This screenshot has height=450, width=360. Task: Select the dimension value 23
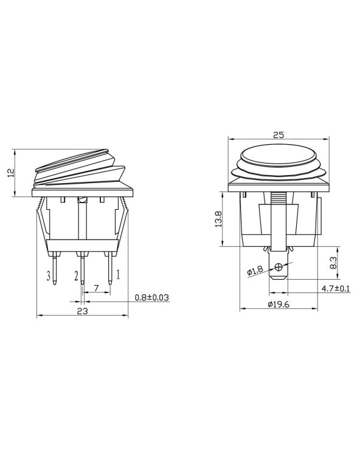[83, 310]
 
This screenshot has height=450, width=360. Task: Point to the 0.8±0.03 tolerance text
[151, 297]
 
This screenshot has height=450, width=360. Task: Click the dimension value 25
[279, 135]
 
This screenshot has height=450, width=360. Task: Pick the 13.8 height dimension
[217, 219]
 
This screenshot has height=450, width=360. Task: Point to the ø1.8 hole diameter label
[254, 271]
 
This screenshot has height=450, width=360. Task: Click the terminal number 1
[118, 275]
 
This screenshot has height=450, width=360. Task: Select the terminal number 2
[76, 277]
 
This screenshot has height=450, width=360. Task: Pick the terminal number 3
[47, 277]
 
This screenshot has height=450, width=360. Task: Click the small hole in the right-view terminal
[279, 267]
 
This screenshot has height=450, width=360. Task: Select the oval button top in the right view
[278, 154]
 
